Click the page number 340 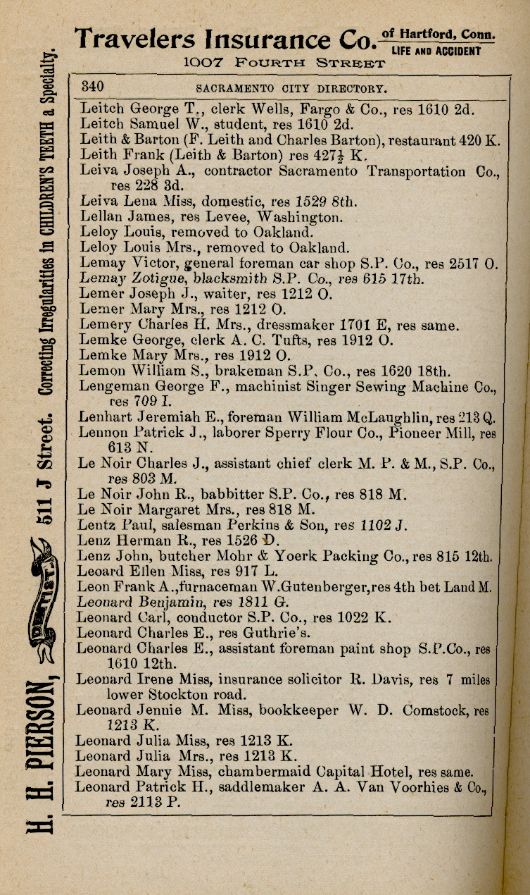pos(93,87)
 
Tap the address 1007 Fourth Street pos(284,63)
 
